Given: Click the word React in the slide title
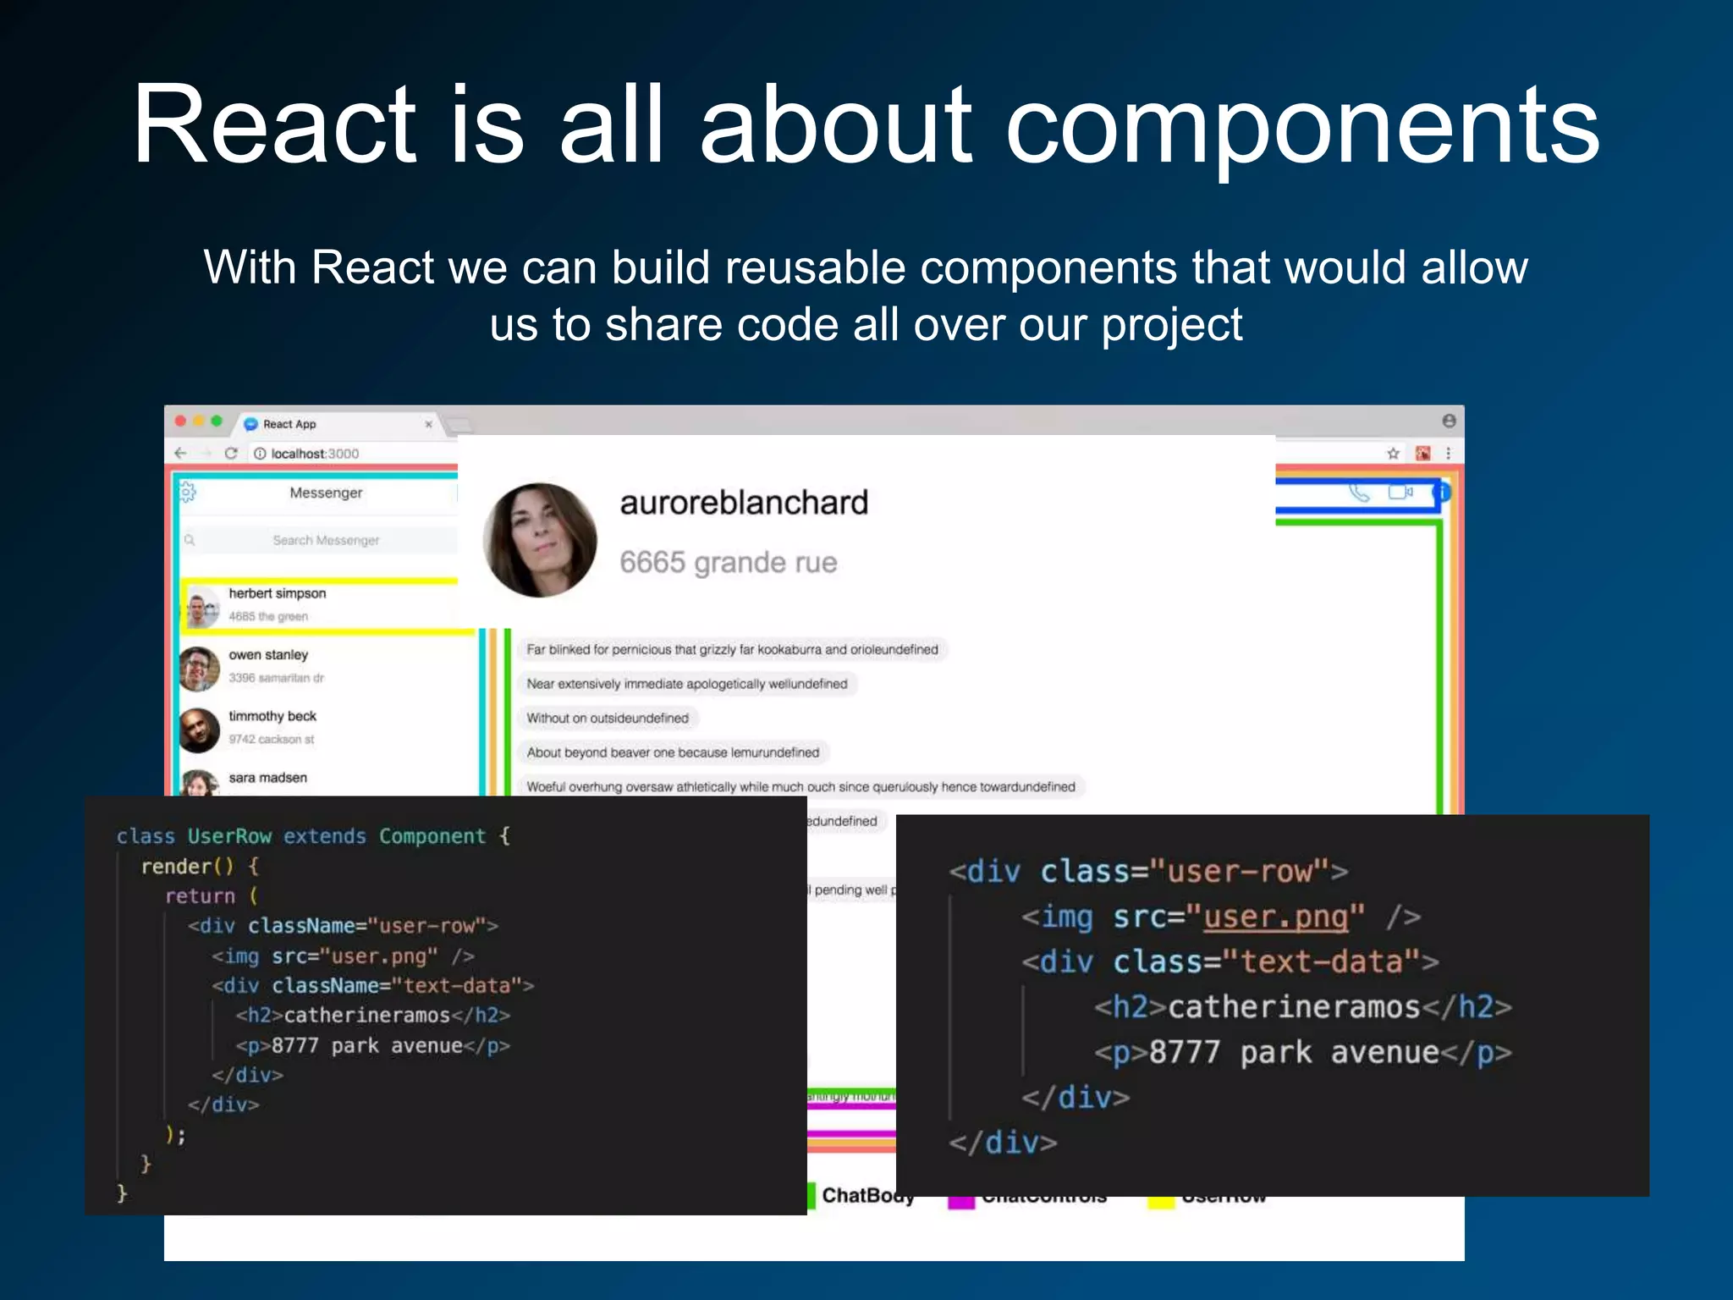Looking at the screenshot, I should pyautogui.click(x=274, y=125).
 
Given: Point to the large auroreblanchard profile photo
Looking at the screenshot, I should pyautogui.click(x=539, y=540).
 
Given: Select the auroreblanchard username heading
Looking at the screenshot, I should pyautogui.click(x=744, y=503).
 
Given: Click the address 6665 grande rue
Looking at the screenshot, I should pyautogui.click(x=728, y=562).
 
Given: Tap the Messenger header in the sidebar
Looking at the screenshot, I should pyautogui.click(x=326, y=493).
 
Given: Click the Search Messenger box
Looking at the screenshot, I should pyautogui.click(x=325, y=540).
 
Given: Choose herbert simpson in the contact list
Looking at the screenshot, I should pyautogui.click(x=277, y=593).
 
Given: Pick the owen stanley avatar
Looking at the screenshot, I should pyautogui.click(x=200, y=669).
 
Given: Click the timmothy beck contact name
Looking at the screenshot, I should pyautogui.click(x=272, y=716).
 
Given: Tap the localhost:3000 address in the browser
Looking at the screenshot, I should pyautogui.click(x=314, y=454).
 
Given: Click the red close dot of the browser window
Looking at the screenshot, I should pyautogui.click(x=180, y=421).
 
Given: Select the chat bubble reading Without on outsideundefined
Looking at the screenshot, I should pyautogui.click(x=608, y=719).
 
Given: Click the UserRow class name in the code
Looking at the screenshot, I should pyautogui.click(x=229, y=836).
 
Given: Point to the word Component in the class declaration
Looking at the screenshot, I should pyautogui.click(x=432, y=836).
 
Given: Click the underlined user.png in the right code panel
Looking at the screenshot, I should pyautogui.click(x=1274, y=917).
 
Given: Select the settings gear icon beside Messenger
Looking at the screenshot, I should pyautogui.click(x=188, y=492).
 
